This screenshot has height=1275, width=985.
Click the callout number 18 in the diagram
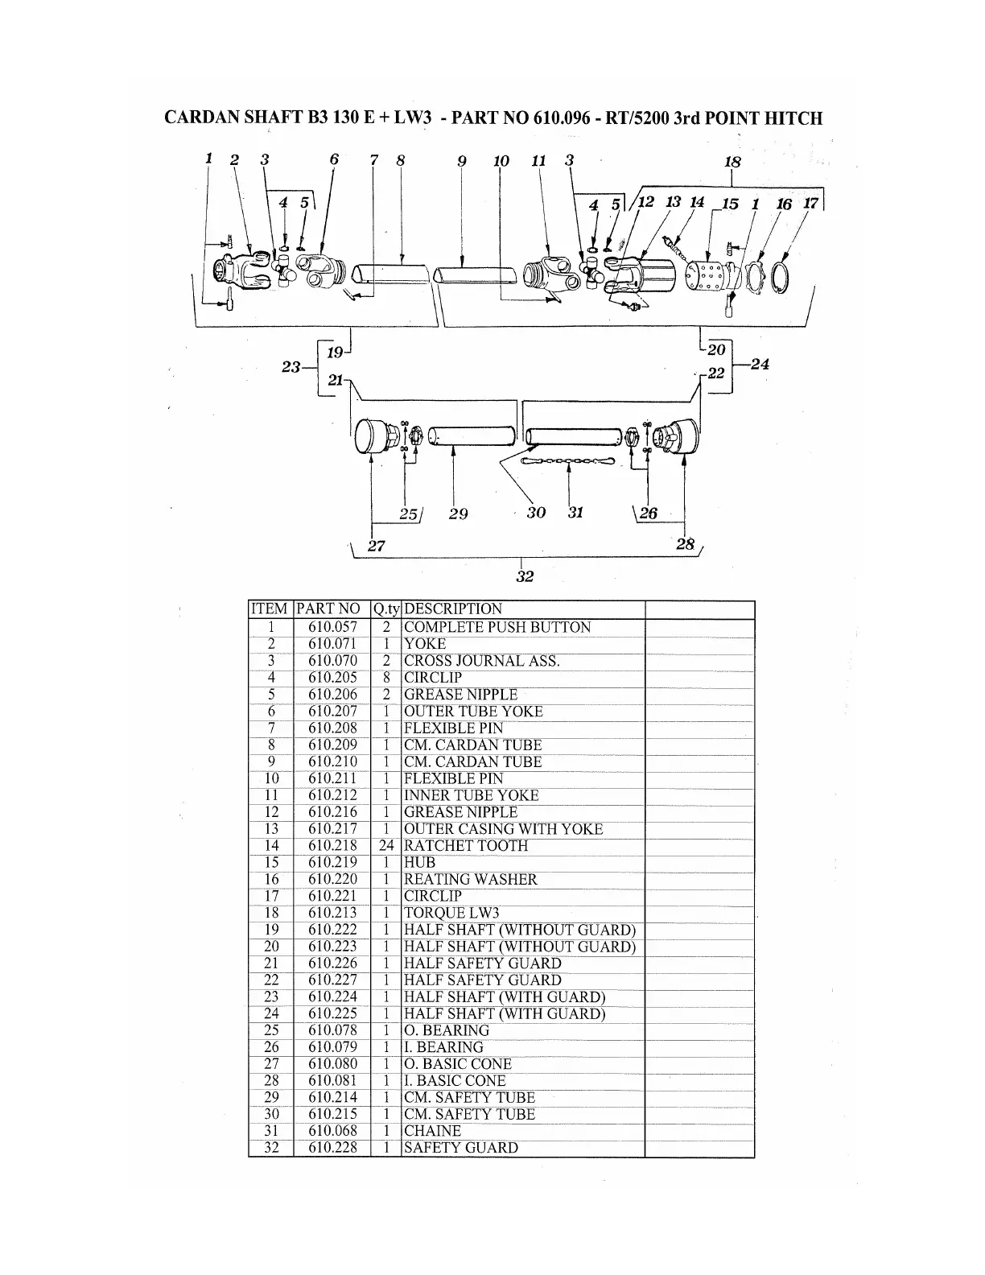[732, 162]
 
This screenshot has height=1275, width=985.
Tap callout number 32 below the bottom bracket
[525, 576]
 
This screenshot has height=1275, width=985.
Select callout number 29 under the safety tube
[459, 514]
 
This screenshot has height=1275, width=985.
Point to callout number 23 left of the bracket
[291, 367]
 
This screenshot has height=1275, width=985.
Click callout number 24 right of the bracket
[760, 364]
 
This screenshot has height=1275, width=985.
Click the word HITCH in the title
[793, 118]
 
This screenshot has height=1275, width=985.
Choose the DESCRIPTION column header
[452, 609]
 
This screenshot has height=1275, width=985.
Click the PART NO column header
[328, 609]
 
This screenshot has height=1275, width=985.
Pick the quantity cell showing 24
[386, 846]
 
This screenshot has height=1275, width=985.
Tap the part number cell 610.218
[332, 846]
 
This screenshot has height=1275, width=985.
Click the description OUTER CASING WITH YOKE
[503, 829]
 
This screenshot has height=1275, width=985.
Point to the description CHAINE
[432, 1131]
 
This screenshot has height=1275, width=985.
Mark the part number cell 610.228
[332, 1148]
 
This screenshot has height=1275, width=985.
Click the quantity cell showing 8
[386, 678]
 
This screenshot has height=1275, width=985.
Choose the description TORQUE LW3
[451, 913]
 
